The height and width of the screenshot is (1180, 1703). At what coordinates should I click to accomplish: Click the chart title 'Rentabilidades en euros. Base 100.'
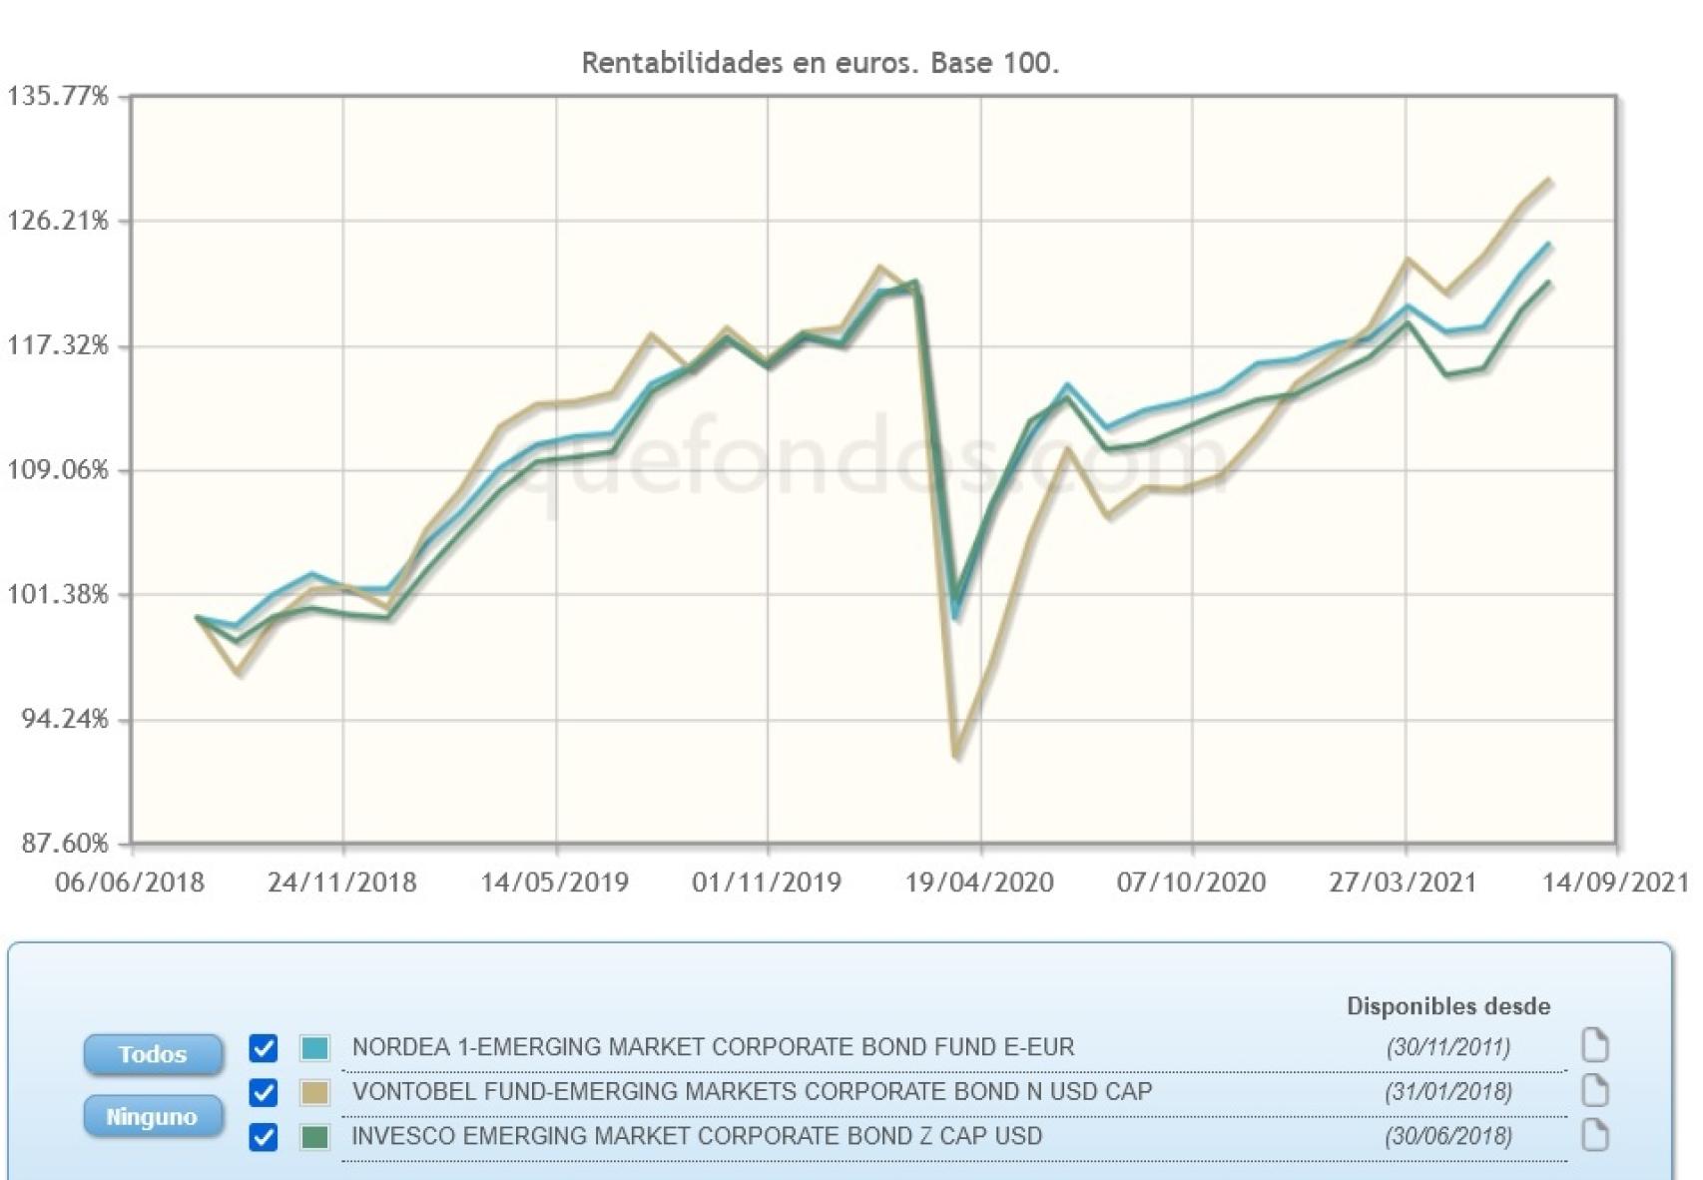point(820,63)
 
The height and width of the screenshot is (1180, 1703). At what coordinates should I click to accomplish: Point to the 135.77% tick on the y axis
point(58,97)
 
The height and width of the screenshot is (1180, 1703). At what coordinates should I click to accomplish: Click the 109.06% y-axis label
point(58,470)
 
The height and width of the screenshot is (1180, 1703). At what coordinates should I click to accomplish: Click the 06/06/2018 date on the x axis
point(130,883)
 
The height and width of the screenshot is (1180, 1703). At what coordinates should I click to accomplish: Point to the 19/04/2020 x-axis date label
point(979,883)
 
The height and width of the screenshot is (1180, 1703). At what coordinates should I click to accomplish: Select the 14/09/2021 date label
point(1615,883)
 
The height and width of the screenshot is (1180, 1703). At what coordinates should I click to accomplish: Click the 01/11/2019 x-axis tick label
point(767,883)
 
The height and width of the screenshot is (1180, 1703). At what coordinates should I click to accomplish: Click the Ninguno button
point(152,1116)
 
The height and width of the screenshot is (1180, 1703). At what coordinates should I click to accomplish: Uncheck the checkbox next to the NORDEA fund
point(264,1048)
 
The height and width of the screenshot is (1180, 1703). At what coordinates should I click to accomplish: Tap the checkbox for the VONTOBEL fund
point(264,1092)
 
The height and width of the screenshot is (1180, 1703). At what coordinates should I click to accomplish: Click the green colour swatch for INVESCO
point(315,1137)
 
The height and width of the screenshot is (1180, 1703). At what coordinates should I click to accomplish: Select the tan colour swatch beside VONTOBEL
point(315,1092)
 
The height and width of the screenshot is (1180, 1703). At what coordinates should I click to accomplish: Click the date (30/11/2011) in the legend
point(1447,1047)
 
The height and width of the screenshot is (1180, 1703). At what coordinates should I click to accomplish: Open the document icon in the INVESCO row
point(1595,1135)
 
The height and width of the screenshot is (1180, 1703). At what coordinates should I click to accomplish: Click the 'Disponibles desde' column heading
point(1447,1006)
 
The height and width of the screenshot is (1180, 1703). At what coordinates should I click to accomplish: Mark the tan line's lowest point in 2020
point(956,754)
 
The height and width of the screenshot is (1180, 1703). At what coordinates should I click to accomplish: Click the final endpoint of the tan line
point(1548,181)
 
